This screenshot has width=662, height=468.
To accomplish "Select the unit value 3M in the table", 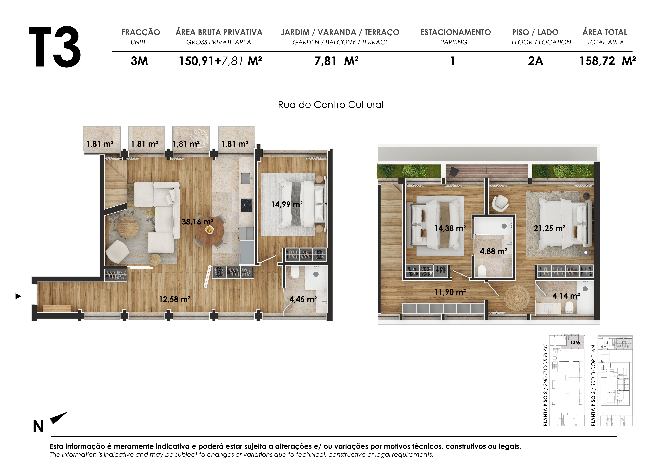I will point(139,61).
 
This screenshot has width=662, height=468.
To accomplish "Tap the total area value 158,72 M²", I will point(607,61).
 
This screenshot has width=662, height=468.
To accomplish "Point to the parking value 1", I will point(453,61).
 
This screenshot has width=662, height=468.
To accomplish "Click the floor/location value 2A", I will point(535,61).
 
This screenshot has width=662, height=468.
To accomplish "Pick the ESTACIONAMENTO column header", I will point(455,32).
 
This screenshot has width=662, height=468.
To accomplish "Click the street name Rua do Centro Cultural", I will point(330,105).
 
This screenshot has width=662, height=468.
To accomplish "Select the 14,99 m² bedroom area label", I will point(287,204).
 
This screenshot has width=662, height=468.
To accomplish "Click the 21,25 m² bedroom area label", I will point(549,228).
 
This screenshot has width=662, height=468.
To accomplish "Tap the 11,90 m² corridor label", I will point(450,292).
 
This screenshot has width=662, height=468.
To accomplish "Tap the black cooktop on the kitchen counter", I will point(246,205).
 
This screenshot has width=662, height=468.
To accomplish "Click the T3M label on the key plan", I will point(575,342).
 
